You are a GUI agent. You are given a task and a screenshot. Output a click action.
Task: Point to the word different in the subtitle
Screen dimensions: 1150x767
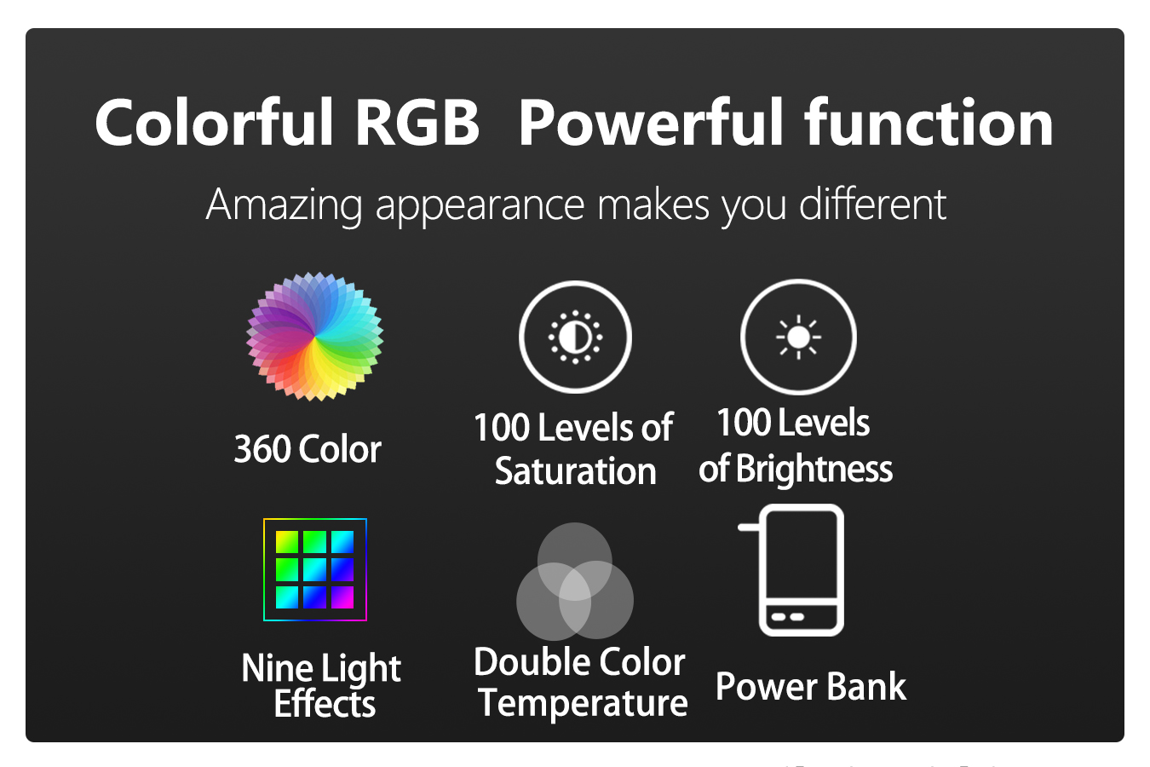click(872, 204)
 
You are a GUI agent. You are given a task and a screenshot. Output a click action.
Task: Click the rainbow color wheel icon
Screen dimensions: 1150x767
click(314, 337)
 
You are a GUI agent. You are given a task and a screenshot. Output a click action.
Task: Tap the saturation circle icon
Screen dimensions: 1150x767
click(575, 337)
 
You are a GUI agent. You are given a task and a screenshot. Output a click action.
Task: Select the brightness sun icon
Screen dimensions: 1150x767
click(798, 337)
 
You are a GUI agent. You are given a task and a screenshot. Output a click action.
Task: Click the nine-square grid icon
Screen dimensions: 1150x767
click(314, 570)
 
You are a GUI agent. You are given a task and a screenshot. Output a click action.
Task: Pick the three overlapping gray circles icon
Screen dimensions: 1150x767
click(575, 581)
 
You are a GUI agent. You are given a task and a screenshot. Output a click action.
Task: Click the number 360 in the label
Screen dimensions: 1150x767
click(262, 449)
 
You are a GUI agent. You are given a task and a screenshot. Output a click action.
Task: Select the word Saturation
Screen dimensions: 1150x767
click(576, 471)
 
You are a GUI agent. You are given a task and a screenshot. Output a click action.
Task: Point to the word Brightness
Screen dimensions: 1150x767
click(814, 469)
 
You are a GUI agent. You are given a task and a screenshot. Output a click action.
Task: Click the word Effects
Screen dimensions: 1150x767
click(325, 703)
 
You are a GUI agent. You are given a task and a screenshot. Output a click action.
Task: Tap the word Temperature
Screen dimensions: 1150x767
click(583, 703)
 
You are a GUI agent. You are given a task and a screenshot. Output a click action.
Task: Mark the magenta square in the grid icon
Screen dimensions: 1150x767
click(342, 597)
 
